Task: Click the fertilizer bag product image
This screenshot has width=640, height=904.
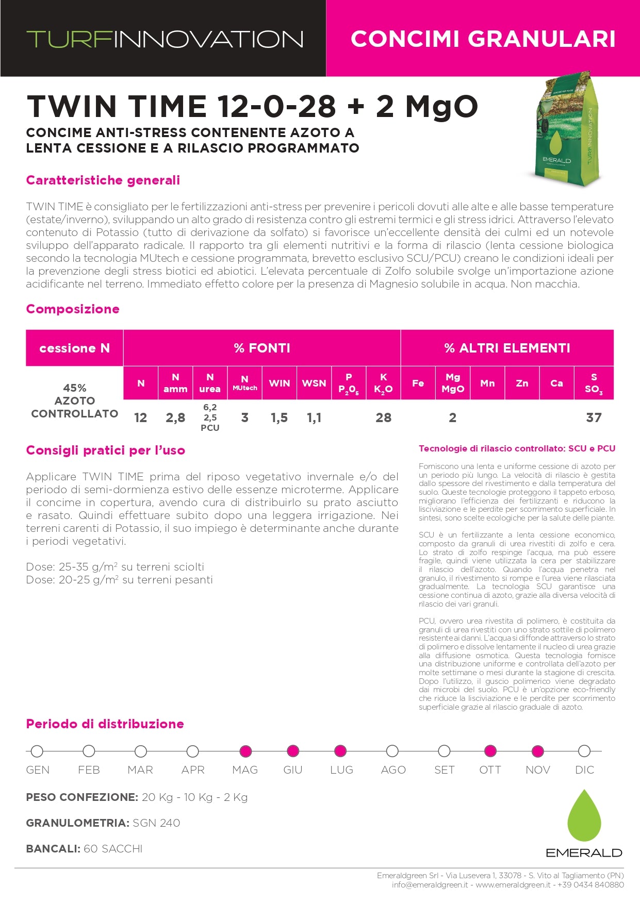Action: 565,126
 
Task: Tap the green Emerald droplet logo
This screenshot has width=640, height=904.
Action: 584,816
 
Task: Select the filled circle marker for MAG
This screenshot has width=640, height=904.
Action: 245,751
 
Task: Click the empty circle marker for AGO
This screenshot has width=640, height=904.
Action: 392,751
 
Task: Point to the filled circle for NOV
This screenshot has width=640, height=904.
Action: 538,751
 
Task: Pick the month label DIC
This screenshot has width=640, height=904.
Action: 584,770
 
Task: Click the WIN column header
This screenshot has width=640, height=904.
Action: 280,383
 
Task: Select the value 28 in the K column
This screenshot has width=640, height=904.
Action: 383,417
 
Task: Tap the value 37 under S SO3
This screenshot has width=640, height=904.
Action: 594,417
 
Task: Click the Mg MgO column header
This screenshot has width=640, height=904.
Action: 453,383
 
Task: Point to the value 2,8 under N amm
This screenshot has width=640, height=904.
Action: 175,417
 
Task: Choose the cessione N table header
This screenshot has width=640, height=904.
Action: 74,348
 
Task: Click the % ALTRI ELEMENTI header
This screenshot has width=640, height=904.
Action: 507,348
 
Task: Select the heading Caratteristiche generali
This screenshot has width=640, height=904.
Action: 103,180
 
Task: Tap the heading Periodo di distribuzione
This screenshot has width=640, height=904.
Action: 105,724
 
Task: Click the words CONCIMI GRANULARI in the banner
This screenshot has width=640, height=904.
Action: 483,39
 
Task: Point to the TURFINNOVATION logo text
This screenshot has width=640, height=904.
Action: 165,39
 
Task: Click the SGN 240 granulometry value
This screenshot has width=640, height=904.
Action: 156,823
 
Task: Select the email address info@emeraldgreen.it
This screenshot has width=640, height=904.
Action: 430,885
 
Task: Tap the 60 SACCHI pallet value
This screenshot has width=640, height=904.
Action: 113,849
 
